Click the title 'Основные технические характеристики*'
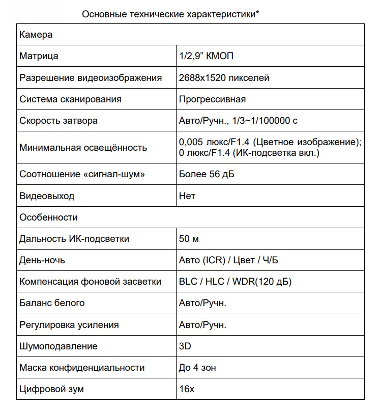coord(170,14)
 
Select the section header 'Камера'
coord(36,35)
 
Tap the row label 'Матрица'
coord(39,57)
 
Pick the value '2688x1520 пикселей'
coord(224,78)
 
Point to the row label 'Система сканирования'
coord(70,99)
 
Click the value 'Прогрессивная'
coord(212,99)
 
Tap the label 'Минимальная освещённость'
coord(83,148)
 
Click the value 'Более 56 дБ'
coord(207,174)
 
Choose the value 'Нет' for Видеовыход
coord(187,196)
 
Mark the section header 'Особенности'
coord(48,217)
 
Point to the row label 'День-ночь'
coord(42,260)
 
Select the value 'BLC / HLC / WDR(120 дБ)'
coord(235,282)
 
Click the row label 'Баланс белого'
coord(52,303)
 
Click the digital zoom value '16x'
coord(186,390)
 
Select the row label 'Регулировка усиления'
coord(69,325)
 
